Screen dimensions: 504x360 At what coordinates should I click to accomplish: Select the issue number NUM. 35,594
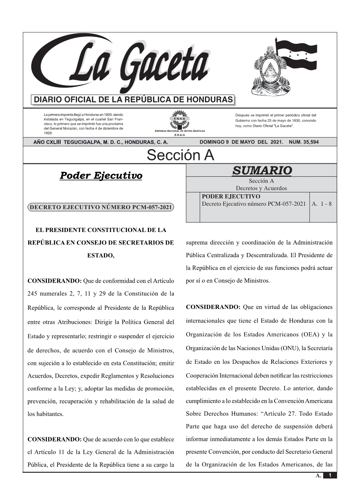304,142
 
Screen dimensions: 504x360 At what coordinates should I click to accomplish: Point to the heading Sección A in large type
180,155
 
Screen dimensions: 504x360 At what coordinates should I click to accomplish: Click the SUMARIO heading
262,170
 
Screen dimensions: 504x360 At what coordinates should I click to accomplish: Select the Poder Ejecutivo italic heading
101,176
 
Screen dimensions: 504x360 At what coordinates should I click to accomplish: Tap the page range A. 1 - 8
322,204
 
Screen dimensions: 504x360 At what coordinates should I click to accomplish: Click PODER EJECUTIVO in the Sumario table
231,197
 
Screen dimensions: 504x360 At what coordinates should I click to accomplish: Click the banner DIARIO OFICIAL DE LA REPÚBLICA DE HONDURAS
133,100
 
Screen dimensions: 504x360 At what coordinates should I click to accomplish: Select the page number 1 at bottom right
330,475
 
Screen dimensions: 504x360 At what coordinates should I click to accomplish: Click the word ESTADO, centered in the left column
101,255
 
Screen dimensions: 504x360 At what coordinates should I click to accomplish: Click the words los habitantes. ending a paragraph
45,414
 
